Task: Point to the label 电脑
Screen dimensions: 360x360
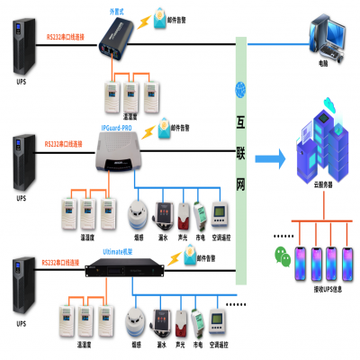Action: click(323, 66)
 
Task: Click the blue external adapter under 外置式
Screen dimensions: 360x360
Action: click(119, 37)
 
